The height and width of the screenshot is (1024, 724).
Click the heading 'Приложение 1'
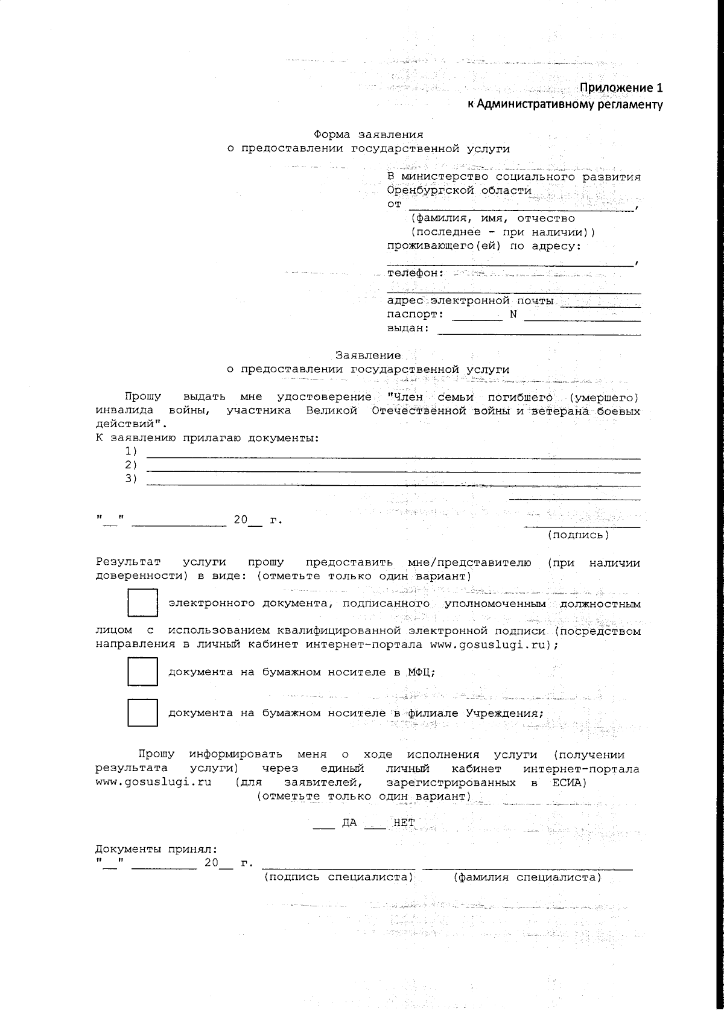coord(621,88)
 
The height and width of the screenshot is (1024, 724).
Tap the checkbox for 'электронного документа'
coord(142,603)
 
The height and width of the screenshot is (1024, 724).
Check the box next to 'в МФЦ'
coord(142,672)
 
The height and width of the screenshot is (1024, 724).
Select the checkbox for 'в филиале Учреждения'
coord(142,713)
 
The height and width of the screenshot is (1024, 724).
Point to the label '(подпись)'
coord(578,535)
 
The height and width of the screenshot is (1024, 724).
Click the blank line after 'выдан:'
coord(539,332)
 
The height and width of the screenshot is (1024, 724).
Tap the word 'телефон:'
coord(415,273)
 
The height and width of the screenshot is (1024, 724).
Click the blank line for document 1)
coord(393,457)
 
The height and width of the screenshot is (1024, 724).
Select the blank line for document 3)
coord(393,484)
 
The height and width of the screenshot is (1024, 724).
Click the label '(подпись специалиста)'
coord(338,877)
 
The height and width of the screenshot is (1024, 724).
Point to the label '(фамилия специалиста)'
coord(527,877)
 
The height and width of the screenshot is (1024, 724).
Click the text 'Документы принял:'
coord(156,849)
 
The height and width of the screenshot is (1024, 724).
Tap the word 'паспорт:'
coord(415,314)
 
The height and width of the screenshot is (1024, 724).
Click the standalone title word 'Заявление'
coord(368,355)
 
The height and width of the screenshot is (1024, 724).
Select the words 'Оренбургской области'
coord(459,190)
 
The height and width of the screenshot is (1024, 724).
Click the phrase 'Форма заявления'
coord(368,134)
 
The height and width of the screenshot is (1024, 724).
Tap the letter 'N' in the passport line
coord(513,314)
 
